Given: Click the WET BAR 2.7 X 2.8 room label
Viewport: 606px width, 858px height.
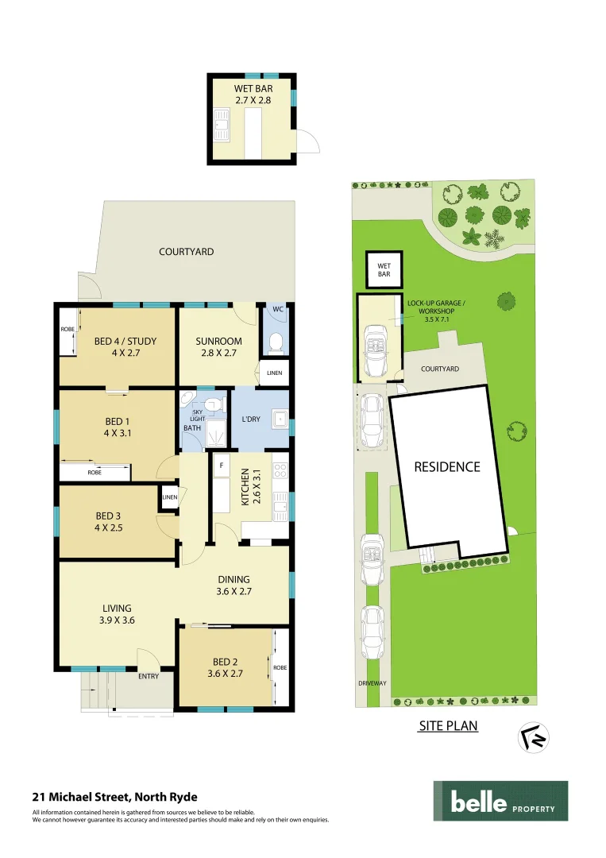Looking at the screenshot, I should (253, 95).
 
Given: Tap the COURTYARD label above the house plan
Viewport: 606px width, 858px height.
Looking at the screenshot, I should (186, 252).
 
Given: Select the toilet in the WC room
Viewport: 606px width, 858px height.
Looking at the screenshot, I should (276, 342).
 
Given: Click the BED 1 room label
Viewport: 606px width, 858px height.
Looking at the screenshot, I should (115, 427).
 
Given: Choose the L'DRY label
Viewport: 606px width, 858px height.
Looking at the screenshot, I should (252, 418).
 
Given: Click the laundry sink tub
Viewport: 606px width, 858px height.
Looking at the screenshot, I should (279, 419).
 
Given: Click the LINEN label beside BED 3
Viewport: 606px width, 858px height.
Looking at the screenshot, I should (169, 497).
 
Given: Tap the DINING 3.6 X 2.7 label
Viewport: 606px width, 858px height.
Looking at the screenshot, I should (233, 585).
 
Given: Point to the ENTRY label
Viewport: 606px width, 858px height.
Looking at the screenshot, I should (149, 677).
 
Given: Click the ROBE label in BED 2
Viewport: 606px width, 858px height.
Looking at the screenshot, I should (280, 668).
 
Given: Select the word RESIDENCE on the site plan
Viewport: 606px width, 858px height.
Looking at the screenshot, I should (447, 467).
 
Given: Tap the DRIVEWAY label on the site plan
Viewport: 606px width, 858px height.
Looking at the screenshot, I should (371, 683).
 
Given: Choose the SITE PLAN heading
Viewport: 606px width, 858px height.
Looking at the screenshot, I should (448, 726).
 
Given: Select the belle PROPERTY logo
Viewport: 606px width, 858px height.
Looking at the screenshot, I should (500, 802).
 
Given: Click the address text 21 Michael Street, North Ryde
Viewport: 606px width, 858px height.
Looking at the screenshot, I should (115, 796).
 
